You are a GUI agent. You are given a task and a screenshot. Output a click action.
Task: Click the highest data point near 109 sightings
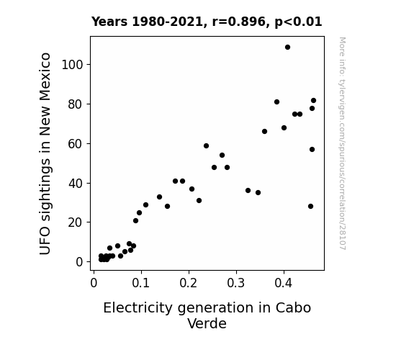click(x=287, y=48)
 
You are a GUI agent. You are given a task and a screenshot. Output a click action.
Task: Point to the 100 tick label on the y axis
click(x=72, y=65)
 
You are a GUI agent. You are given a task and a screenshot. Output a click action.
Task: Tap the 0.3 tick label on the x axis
click(x=235, y=283)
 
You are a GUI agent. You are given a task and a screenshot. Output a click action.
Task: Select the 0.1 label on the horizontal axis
click(x=140, y=283)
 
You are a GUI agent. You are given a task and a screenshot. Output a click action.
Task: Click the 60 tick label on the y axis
click(x=76, y=144)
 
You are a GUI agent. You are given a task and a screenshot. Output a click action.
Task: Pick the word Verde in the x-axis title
click(x=207, y=323)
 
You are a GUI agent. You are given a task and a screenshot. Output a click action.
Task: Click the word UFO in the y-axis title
click(x=45, y=243)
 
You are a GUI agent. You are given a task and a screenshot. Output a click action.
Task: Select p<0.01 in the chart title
click(x=298, y=22)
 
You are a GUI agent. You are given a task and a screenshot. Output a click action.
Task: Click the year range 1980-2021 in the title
click(x=167, y=22)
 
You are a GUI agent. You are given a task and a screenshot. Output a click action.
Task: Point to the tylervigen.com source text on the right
click(x=342, y=143)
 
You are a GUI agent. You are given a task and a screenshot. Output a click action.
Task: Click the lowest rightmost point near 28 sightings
click(x=310, y=207)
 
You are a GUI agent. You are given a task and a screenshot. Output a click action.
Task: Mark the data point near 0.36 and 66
click(x=264, y=132)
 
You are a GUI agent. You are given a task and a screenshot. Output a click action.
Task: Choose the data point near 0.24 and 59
click(x=206, y=145)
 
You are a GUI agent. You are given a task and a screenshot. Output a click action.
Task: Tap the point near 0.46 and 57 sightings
click(x=312, y=150)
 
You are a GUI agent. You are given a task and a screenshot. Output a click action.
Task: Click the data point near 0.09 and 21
click(x=135, y=221)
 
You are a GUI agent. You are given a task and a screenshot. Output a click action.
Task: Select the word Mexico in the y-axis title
click(x=45, y=77)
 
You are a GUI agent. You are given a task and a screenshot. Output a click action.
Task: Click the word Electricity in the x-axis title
click(x=138, y=308)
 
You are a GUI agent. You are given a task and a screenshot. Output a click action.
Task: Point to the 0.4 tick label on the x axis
click(x=283, y=283)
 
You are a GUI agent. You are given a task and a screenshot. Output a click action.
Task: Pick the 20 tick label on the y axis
click(x=76, y=222)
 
